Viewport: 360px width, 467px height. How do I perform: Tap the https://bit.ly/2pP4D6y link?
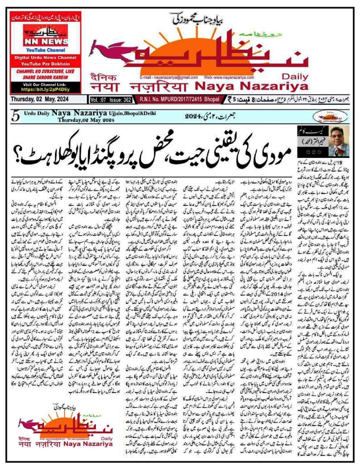[x=46, y=89]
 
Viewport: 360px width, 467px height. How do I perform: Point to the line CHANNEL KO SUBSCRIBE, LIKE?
[x=46, y=72]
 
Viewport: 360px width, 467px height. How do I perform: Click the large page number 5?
[x=16, y=117]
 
